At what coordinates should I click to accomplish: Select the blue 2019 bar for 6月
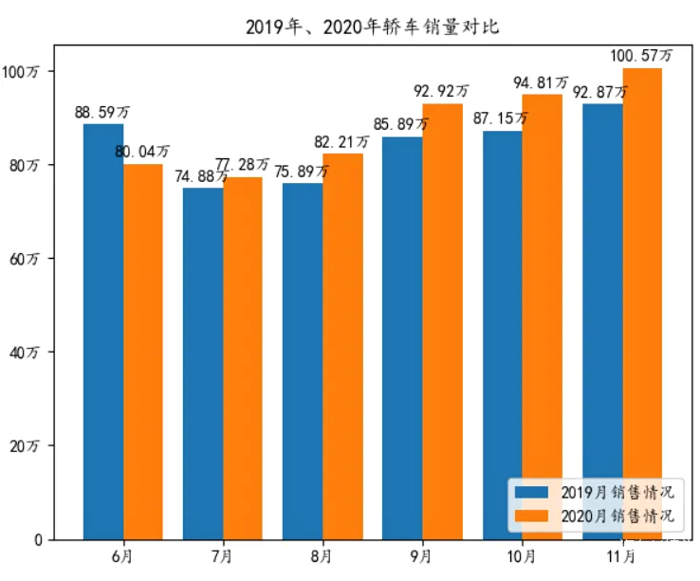pyautogui.click(x=103, y=332)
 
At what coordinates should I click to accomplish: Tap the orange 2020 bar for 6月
pyautogui.click(x=143, y=351)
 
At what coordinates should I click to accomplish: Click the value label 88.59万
pyautogui.click(x=102, y=113)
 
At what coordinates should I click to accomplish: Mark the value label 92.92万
pyautogui.click(x=441, y=92)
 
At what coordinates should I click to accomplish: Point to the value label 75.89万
pyautogui.click(x=302, y=172)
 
